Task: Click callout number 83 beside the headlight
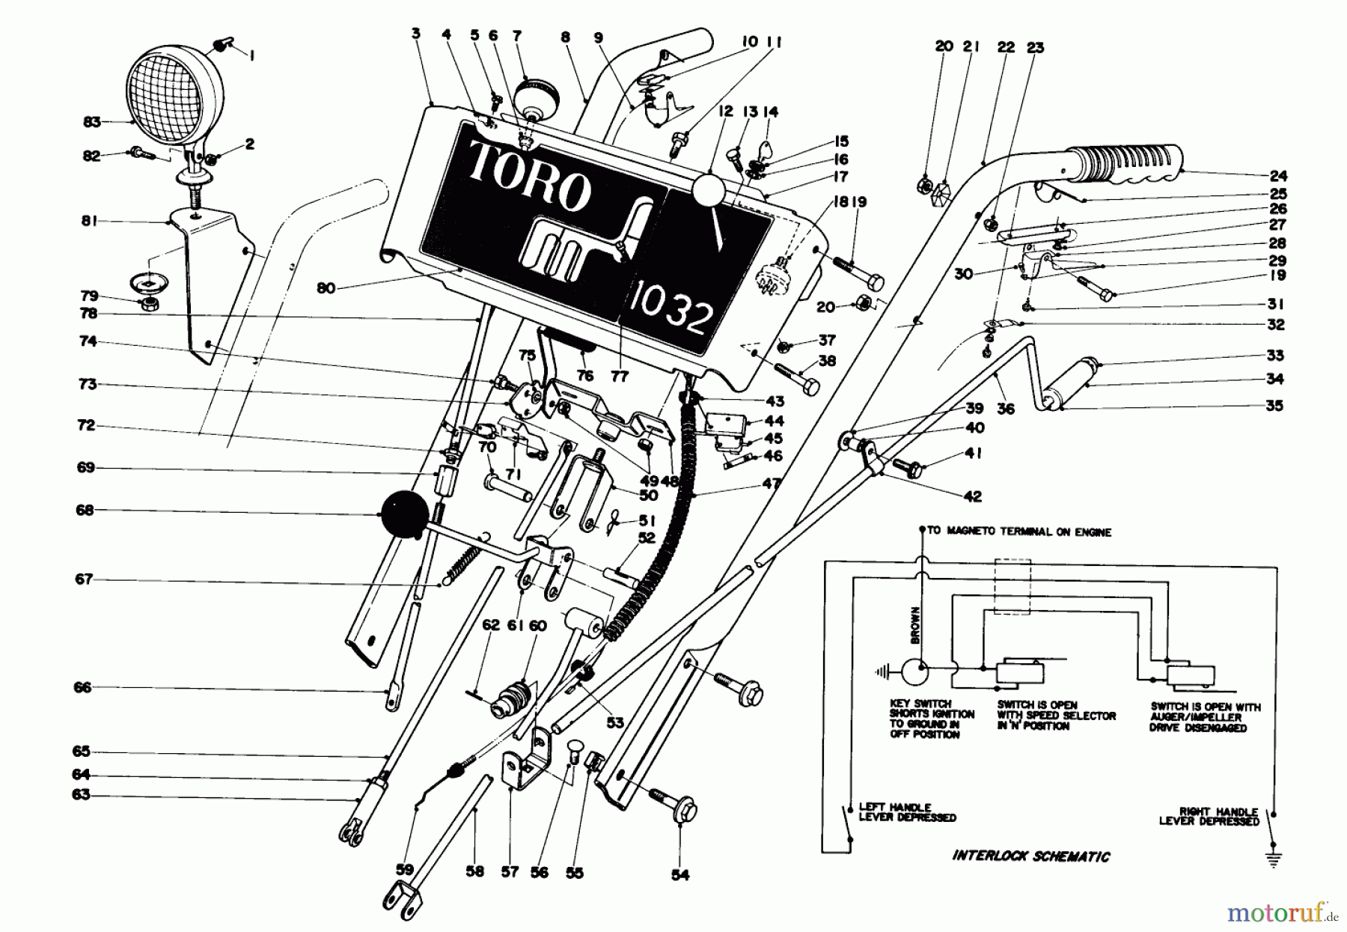point(92,121)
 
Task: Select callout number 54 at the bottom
point(679,874)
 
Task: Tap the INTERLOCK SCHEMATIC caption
point(1031,856)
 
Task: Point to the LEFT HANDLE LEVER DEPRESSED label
point(906,812)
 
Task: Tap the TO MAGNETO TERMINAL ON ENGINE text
point(1019,532)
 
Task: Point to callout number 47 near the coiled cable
point(771,484)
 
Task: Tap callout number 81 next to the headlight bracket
point(92,222)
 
